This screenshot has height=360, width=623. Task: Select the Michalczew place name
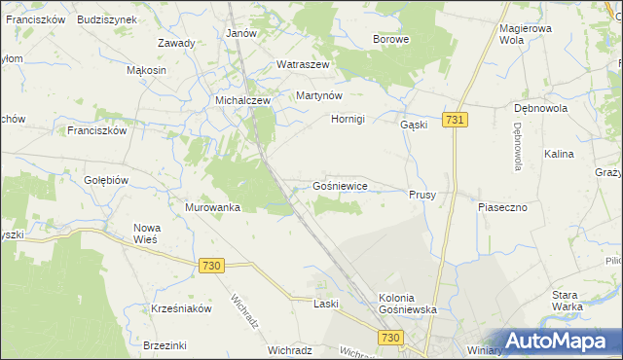pos(241,100)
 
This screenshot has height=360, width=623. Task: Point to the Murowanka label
pos(212,207)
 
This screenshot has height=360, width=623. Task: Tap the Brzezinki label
pos(164,345)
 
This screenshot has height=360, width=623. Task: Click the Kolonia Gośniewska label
pos(408,303)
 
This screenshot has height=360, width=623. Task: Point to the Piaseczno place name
pos(502,207)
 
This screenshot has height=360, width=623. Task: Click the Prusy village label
pos(421,195)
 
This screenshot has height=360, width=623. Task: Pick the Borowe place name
pos(391,40)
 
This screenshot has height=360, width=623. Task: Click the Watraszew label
pos(304,64)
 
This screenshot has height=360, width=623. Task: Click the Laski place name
pos(325,304)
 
